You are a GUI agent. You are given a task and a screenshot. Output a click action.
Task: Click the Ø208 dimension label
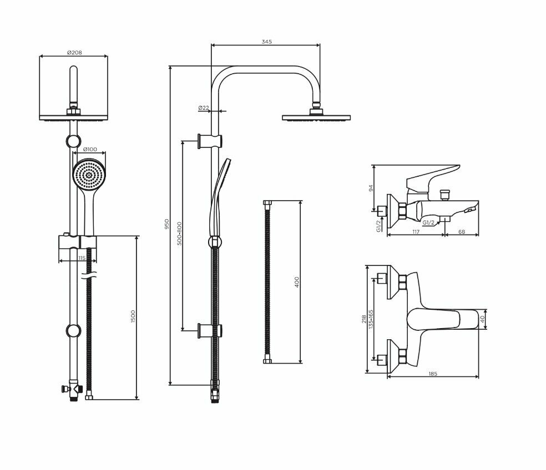pyautogui.click(x=74, y=52)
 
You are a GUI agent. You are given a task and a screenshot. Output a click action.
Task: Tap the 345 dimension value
pyautogui.click(x=266, y=42)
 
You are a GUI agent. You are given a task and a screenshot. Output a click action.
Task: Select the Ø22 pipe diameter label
pyautogui.click(x=203, y=108)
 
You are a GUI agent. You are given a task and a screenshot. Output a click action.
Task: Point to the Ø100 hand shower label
pyautogui.click(x=90, y=150)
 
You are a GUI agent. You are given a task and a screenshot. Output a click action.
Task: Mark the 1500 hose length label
pyautogui.click(x=133, y=318)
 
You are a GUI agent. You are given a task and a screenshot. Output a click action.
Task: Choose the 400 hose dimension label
pyautogui.click(x=296, y=282)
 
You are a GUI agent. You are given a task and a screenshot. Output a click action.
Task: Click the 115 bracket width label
pyautogui.click(x=82, y=258)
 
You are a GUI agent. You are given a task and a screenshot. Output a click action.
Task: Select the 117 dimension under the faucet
pyautogui.click(x=415, y=233)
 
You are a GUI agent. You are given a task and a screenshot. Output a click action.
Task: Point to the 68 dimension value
pyautogui.click(x=462, y=233)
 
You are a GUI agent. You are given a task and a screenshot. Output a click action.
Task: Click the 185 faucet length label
pyautogui.click(x=433, y=374)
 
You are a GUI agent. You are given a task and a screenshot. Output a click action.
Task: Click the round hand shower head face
pyautogui.click(x=89, y=174)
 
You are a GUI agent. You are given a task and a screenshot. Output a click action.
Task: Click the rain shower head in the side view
pyautogui.click(x=317, y=117)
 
